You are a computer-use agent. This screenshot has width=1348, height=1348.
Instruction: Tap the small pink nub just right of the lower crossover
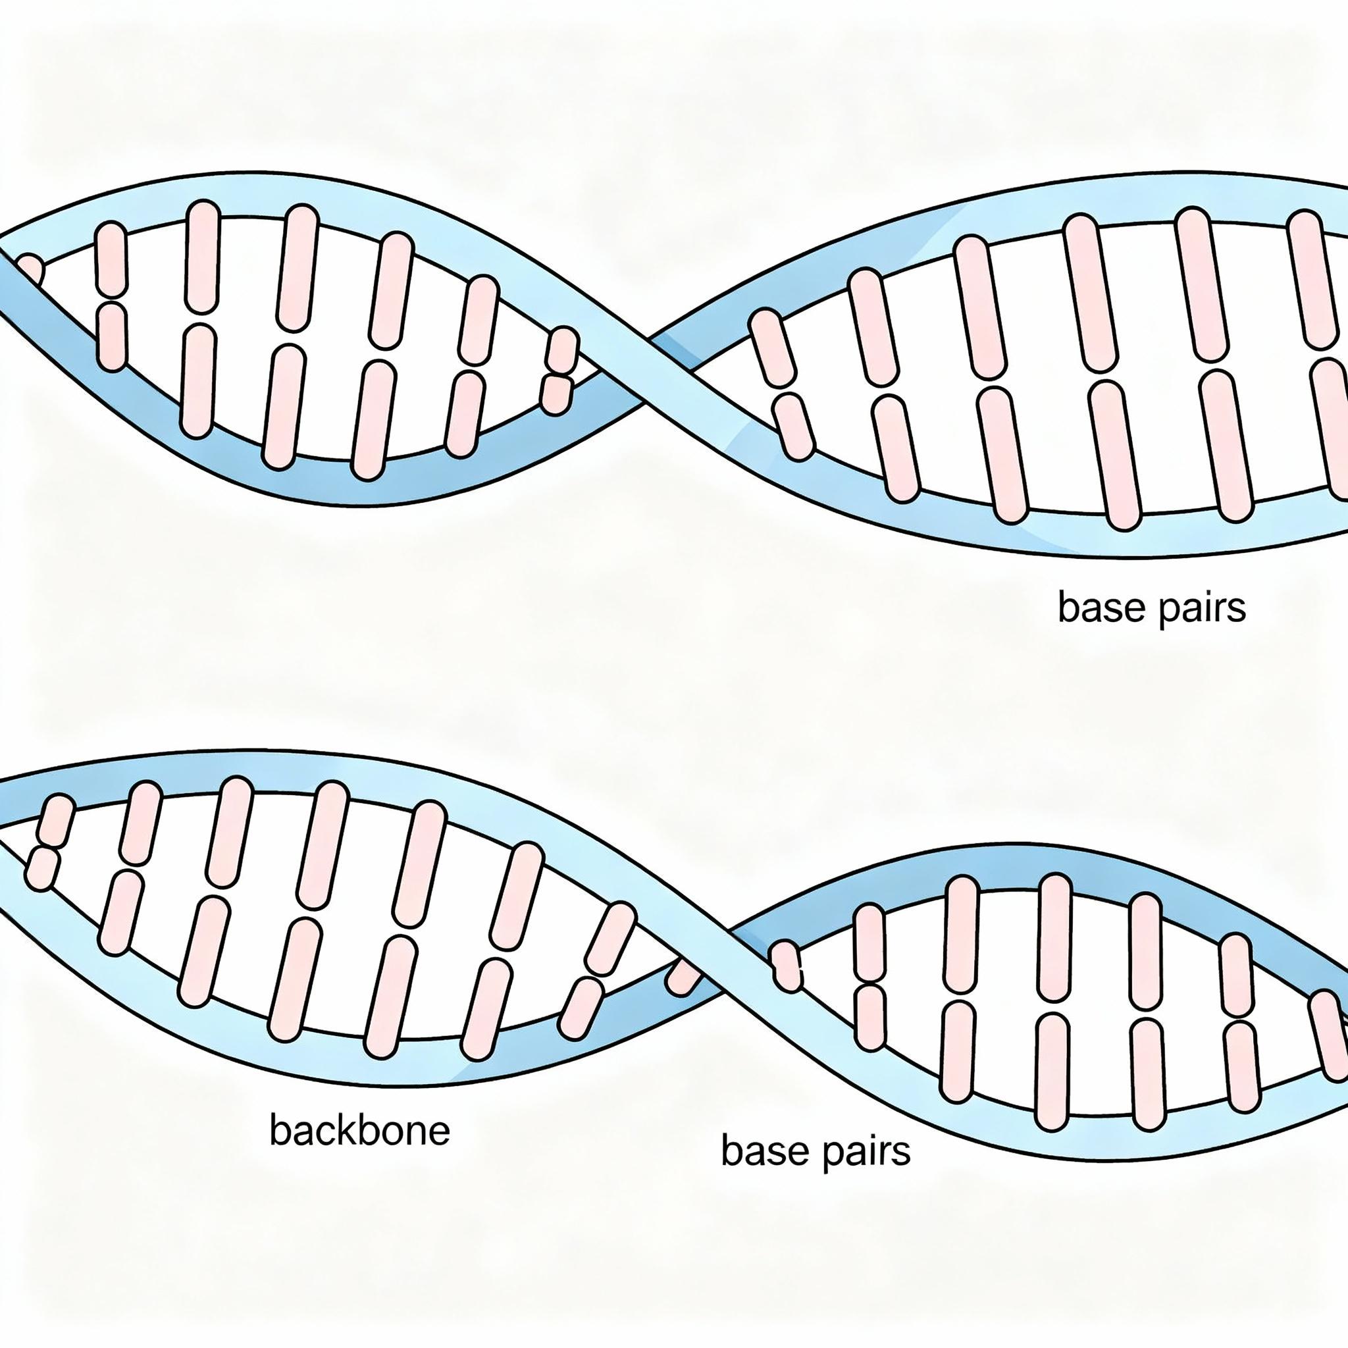tap(787, 966)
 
